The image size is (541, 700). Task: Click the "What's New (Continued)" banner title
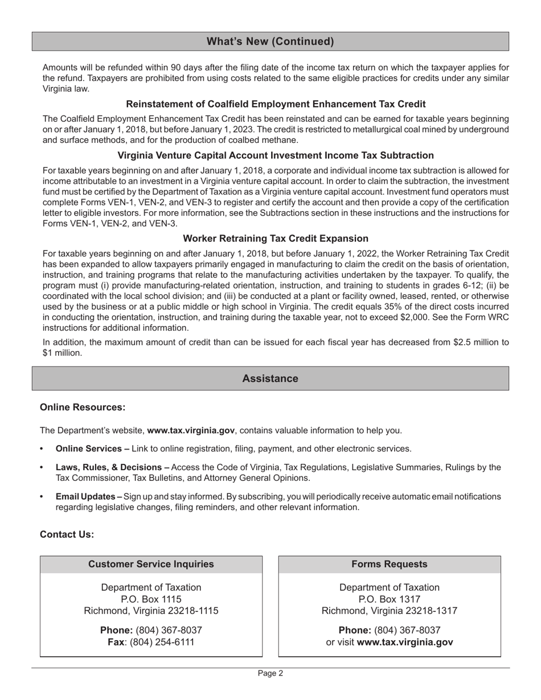(270, 42)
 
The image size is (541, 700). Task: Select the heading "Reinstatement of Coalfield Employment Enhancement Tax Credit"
(276, 104)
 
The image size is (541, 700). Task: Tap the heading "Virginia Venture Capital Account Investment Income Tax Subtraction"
(276, 155)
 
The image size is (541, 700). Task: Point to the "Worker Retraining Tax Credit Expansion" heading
(276, 238)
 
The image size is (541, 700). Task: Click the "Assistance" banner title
(270, 378)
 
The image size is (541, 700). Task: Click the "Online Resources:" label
(82, 407)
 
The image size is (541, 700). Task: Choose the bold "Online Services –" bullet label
(92, 449)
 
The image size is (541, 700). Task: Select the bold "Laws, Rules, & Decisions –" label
(112, 467)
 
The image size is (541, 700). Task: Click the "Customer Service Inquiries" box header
(151, 564)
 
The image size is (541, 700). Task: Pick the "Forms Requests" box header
(390, 564)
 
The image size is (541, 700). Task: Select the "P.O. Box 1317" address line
(390, 599)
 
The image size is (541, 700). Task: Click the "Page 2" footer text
(270, 673)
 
